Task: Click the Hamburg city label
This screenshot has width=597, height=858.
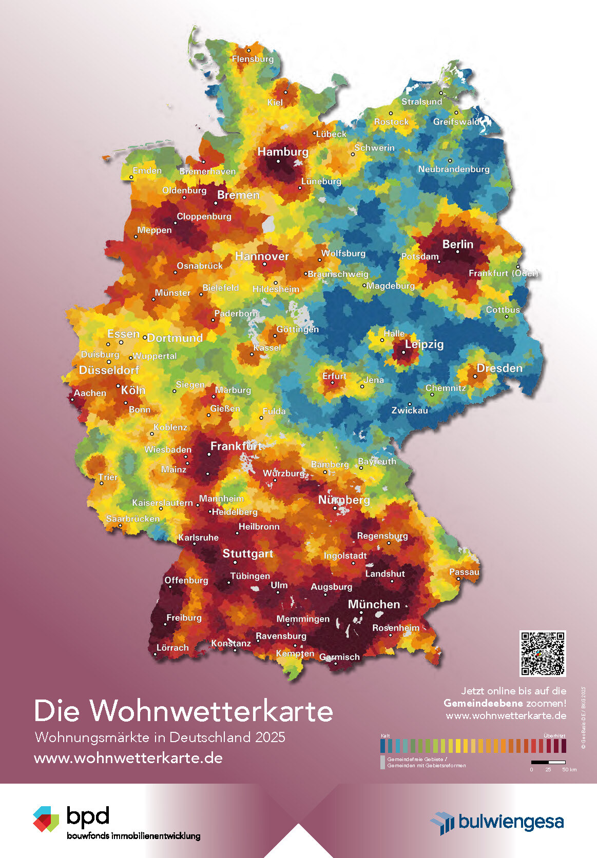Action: tap(283, 152)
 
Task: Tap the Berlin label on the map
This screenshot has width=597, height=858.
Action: tap(457, 244)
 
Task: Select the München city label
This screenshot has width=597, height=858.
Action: tap(374, 604)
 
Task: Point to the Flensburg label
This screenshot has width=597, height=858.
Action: tap(253, 59)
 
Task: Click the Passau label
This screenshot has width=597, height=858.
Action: tap(464, 572)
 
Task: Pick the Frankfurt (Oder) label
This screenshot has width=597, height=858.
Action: tap(504, 273)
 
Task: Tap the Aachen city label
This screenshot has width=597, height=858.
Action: tap(90, 393)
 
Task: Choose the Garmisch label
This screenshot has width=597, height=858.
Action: tap(339, 657)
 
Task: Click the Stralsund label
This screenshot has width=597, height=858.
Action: tap(421, 102)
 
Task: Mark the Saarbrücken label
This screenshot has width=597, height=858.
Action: tap(133, 518)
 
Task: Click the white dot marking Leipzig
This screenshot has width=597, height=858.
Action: tap(403, 352)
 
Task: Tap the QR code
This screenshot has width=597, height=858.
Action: tap(543, 653)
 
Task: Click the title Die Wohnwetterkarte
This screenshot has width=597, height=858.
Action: tap(183, 711)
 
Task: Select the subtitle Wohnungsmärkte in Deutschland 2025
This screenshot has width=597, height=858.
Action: tap(160, 737)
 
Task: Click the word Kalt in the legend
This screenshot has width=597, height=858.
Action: tap(385, 736)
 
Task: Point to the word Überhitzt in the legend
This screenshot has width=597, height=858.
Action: tap(554, 736)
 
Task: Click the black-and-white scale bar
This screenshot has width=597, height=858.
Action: tap(548, 763)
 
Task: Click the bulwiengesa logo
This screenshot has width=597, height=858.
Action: tap(497, 822)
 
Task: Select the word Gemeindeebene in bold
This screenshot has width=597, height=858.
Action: tap(483, 703)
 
